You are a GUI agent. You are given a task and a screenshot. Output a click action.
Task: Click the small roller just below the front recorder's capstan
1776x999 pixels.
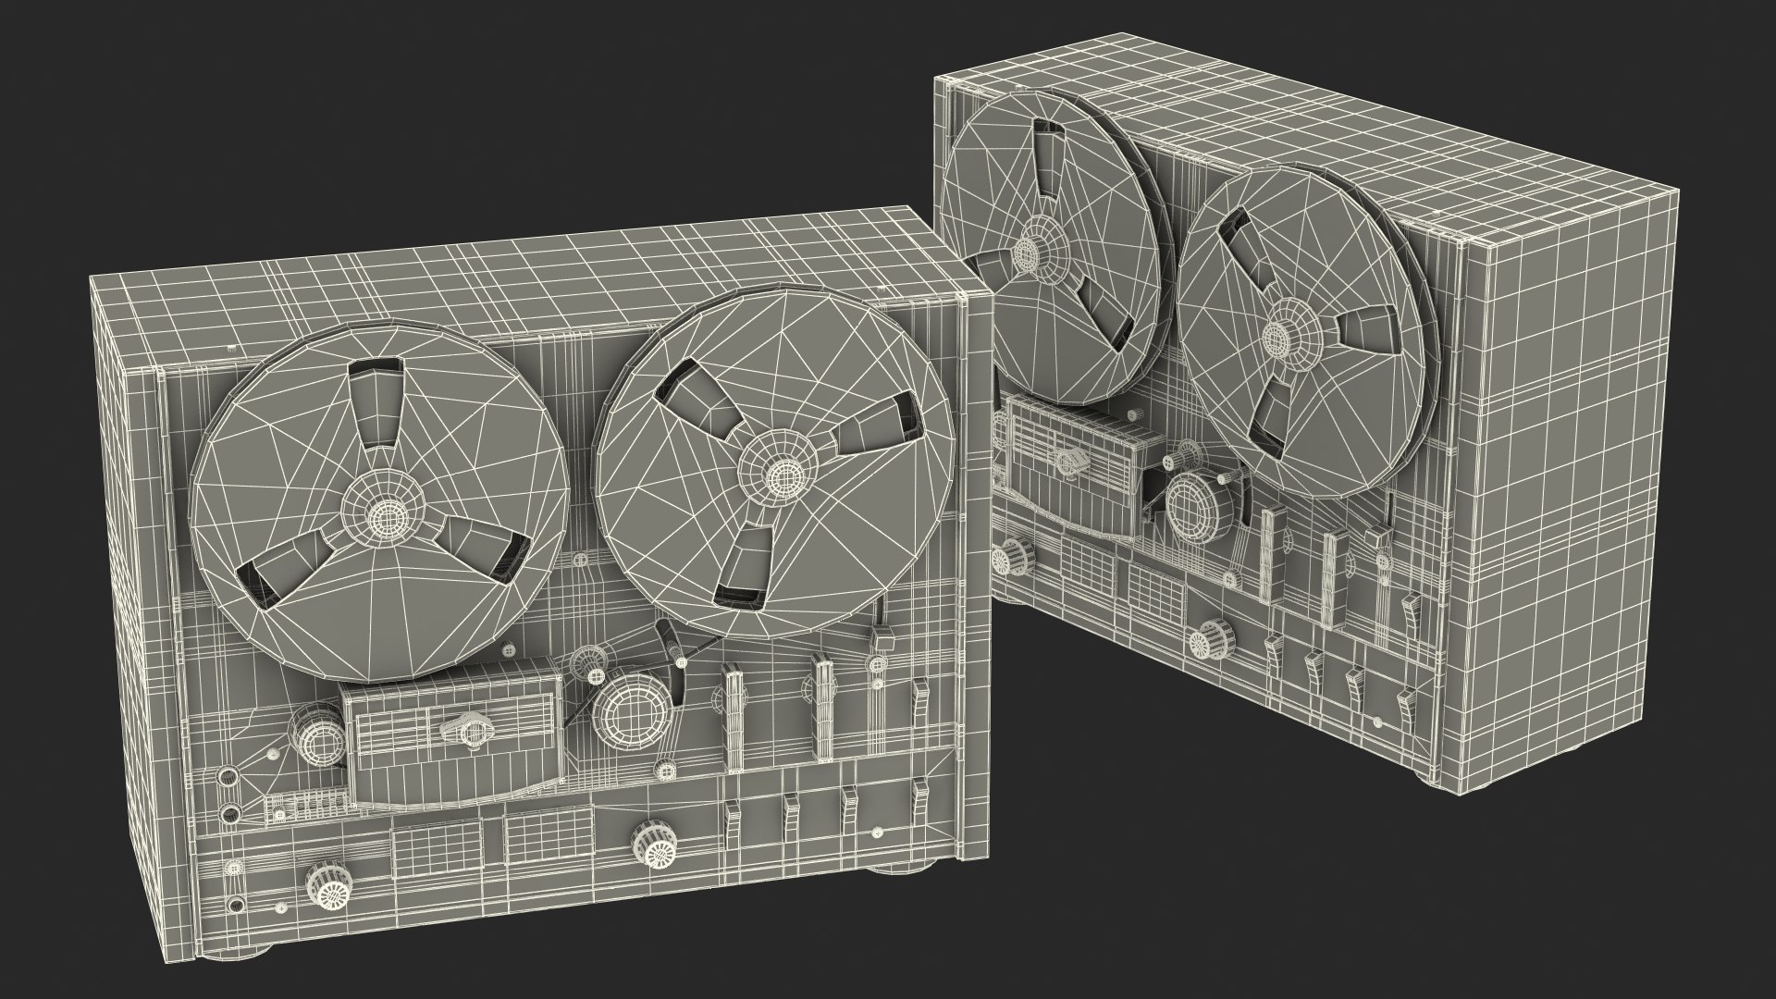tap(665, 768)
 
